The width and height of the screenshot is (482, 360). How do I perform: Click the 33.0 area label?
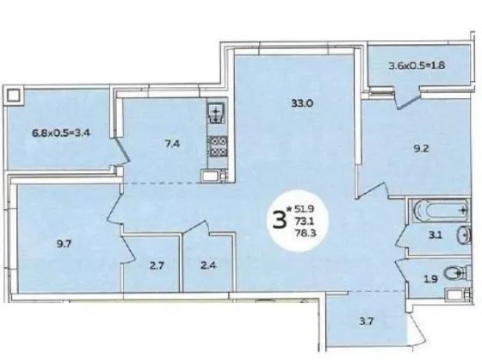tap(302, 103)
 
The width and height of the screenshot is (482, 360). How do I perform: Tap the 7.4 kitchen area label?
tap(172, 144)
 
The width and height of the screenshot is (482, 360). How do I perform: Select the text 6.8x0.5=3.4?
tap(61, 133)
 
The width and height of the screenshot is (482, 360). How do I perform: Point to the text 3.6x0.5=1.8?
tap(417, 65)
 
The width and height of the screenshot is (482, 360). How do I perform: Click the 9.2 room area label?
tap(421, 149)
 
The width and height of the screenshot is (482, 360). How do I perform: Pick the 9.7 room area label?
tap(64, 244)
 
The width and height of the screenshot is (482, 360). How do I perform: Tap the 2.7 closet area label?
tap(157, 265)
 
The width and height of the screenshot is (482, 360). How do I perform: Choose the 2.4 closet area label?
tap(208, 265)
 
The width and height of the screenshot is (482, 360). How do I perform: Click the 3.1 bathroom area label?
tap(436, 235)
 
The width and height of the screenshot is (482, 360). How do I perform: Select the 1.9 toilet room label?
tap(430, 279)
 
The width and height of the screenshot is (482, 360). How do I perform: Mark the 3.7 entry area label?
tap(366, 321)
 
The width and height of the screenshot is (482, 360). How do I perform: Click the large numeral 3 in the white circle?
tap(279, 220)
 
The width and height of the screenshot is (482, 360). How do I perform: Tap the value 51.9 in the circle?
tap(304, 209)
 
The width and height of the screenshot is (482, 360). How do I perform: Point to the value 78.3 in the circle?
tap(306, 233)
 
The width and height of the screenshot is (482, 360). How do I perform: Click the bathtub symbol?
tap(441, 211)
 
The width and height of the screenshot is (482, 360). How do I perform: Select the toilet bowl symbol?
tap(454, 273)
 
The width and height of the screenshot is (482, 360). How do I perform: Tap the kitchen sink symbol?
tap(216, 113)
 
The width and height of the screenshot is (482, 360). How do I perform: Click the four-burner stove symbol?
tap(218, 146)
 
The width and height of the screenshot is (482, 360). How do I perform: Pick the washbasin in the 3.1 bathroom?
tap(464, 235)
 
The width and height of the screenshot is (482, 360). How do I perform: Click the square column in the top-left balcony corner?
tap(14, 96)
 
